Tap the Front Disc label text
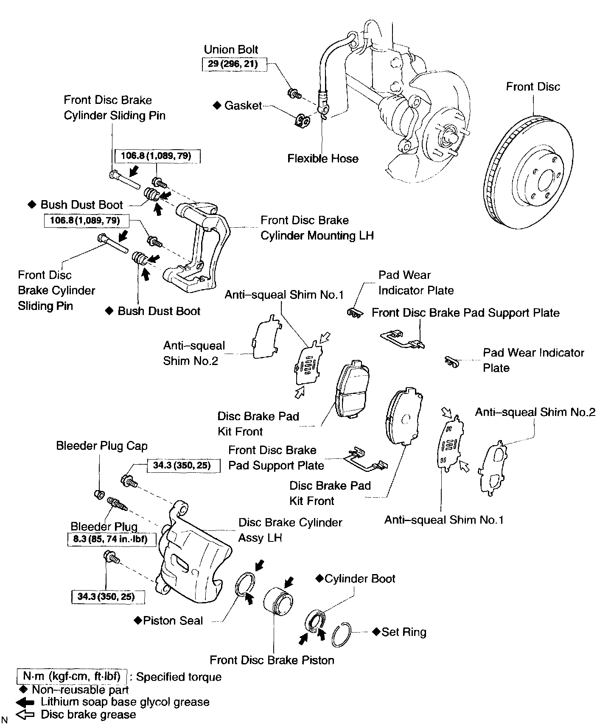(533, 87)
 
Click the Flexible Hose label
(322, 159)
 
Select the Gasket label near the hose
(243, 106)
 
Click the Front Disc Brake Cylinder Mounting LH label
(317, 228)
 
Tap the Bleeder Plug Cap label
(102, 446)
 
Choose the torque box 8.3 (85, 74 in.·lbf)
(112, 540)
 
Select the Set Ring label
(404, 632)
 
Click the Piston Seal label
(173, 621)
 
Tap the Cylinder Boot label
(359, 579)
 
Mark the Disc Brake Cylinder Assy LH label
(290, 530)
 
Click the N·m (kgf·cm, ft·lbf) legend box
(72, 676)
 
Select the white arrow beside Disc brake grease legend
(25, 715)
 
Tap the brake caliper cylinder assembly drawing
(191, 560)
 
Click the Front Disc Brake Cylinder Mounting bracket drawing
(199, 246)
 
